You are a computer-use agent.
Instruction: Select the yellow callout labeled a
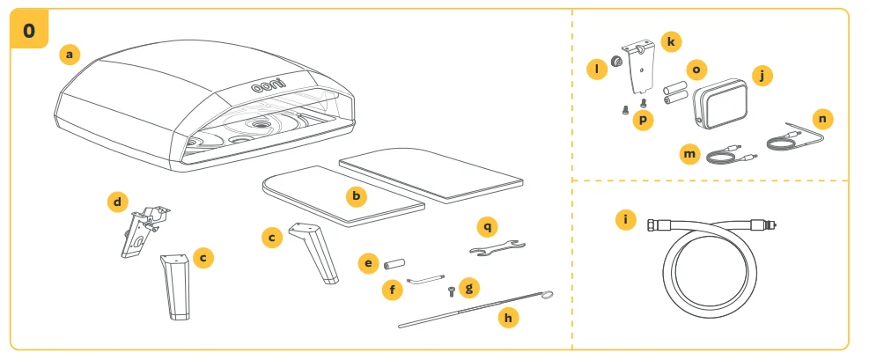coord(70,55)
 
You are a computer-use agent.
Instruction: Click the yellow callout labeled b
coord(355,196)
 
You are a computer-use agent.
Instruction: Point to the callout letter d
coord(117,202)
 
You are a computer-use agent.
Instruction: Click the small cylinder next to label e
coord(393,263)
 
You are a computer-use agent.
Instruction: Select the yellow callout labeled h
coord(505,316)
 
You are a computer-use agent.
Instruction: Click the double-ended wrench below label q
coord(496,251)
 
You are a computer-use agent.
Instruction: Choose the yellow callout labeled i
coord(626,219)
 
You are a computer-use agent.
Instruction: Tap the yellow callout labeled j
coord(762,76)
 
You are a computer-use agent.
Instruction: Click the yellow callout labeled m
coord(690,154)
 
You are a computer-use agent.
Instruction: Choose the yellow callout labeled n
coord(823,118)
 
